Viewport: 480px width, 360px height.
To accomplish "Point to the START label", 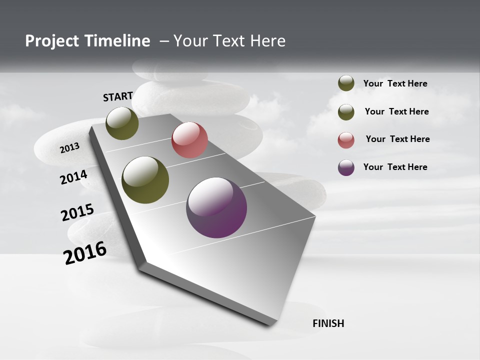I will pyautogui.click(x=118, y=96).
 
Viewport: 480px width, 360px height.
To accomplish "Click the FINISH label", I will pyautogui.click(x=328, y=323).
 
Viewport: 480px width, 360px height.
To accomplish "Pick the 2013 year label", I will pyautogui.click(x=69, y=148).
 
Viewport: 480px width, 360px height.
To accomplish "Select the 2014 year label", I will pyautogui.click(x=74, y=177).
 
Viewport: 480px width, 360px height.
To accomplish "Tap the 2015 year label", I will pyautogui.click(x=77, y=212).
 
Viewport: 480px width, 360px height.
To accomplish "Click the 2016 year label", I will pyautogui.click(x=85, y=253).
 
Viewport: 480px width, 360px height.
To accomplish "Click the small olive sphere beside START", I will pyautogui.click(x=122, y=123).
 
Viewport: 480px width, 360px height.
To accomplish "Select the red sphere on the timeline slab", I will pyautogui.click(x=189, y=140).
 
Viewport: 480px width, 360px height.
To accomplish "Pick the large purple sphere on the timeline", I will pyautogui.click(x=216, y=207).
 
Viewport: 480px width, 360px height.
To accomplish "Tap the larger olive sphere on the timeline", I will pyautogui.click(x=145, y=180).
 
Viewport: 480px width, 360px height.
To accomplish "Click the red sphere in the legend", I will pyautogui.click(x=346, y=140).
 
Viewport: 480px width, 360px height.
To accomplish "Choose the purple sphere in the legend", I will pyautogui.click(x=346, y=167).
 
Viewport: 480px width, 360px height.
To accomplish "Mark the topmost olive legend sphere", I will pyautogui.click(x=346, y=83).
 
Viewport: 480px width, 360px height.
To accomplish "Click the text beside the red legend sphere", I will pyautogui.click(x=397, y=139).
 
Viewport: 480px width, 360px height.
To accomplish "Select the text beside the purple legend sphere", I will pyautogui.click(x=395, y=167).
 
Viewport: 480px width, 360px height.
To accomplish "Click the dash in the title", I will pyautogui.click(x=164, y=41).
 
